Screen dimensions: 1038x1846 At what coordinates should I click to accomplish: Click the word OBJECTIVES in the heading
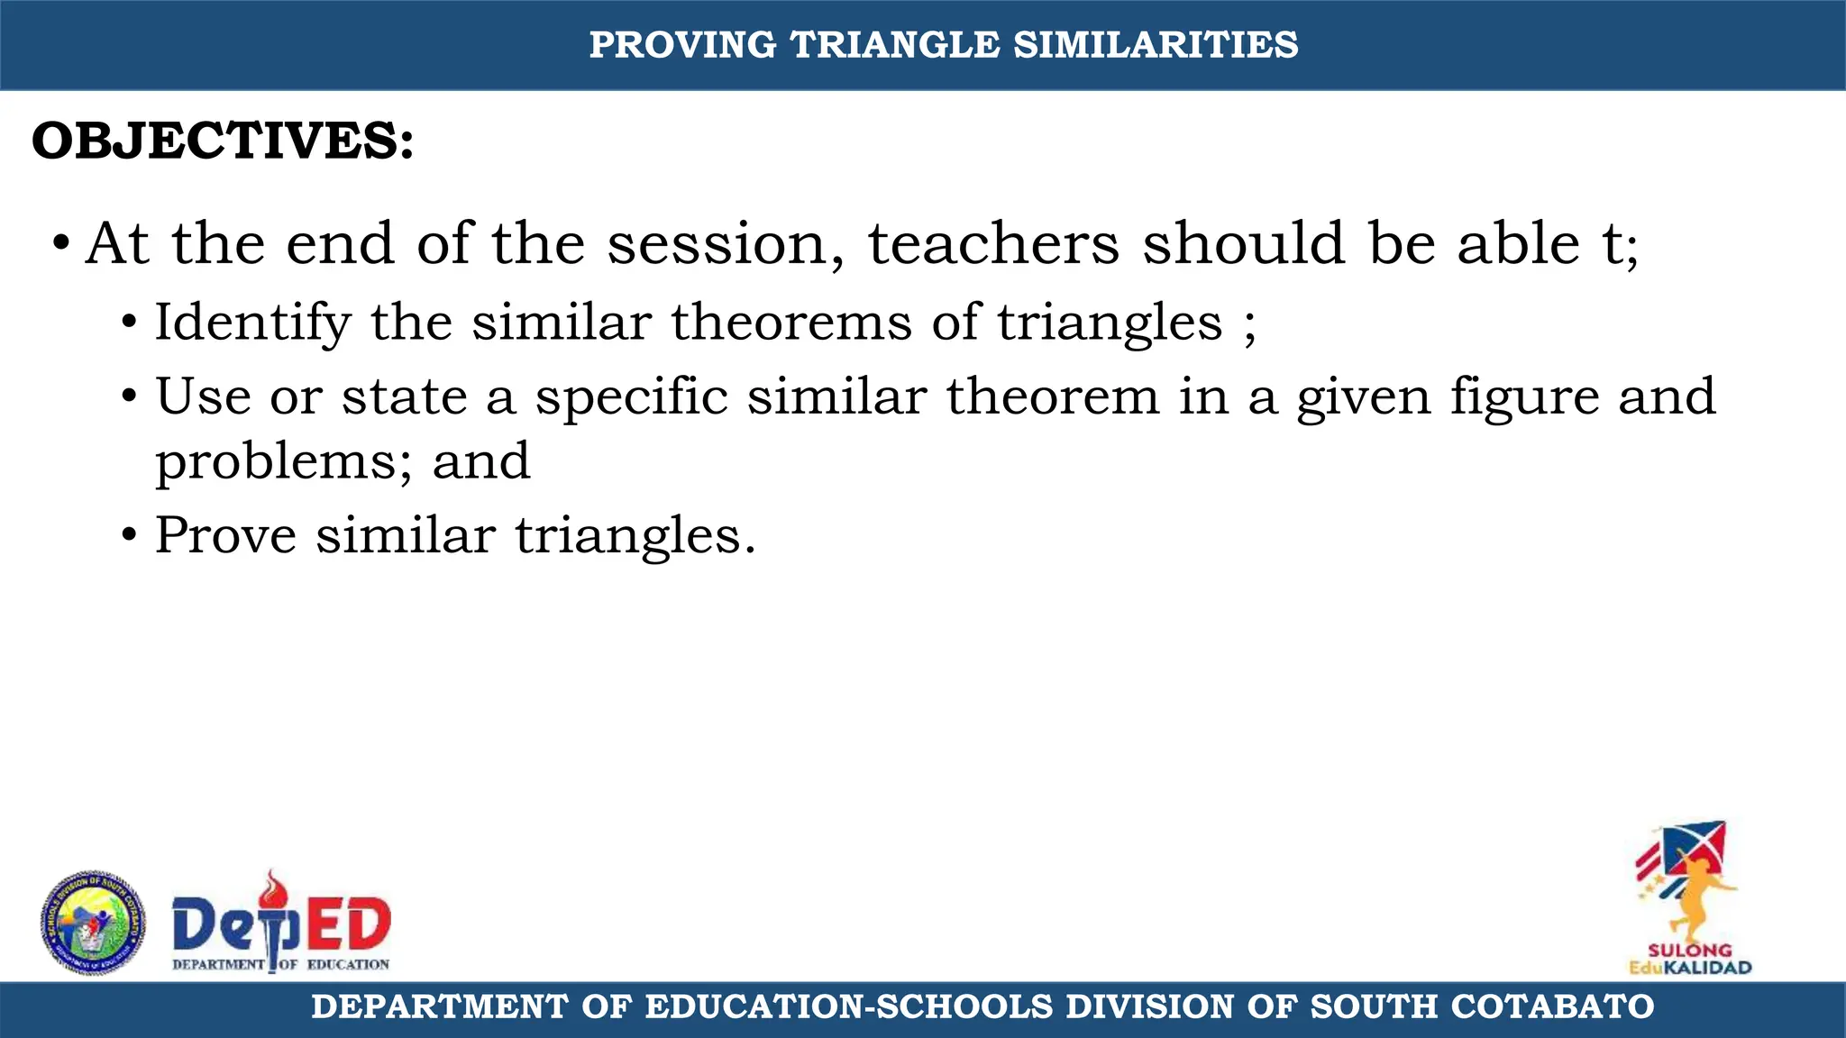[222, 141]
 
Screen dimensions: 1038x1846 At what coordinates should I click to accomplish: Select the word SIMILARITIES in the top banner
[1156, 45]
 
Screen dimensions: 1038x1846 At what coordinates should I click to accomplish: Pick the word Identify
[252, 323]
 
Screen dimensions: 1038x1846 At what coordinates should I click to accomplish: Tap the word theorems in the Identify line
[790, 322]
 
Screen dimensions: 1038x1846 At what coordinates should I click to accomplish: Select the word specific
[631, 397]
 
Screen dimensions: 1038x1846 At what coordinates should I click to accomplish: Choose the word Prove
[225, 535]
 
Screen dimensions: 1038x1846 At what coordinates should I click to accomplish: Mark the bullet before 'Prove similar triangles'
[130, 535]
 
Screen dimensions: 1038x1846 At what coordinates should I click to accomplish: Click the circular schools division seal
[93, 923]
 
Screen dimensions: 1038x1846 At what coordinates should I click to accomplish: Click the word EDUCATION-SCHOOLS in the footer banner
[849, 1006]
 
